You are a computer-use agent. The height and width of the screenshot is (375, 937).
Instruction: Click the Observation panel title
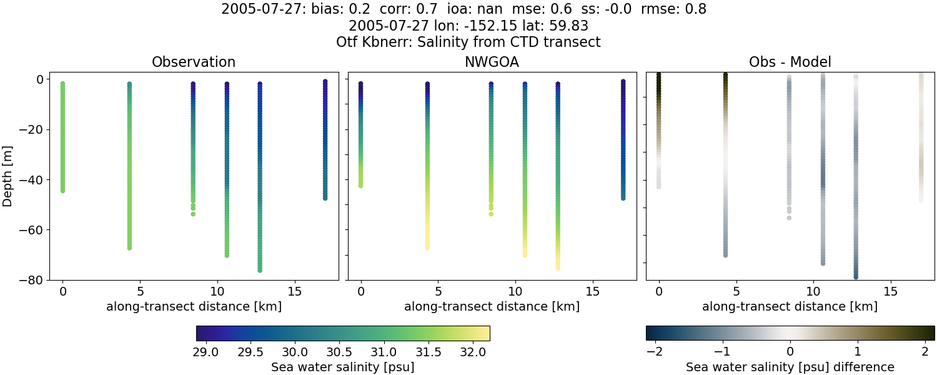click(194, 62)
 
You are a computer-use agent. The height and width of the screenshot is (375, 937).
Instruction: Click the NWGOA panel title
click(492, 62)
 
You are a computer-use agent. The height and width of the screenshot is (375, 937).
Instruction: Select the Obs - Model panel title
click(790, 62)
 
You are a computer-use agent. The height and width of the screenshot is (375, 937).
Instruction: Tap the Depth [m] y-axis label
click(8, 179)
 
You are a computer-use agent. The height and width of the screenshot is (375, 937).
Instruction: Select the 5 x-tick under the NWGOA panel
click(439, 292)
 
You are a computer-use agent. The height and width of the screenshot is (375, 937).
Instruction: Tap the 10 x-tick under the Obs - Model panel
click(813, 292)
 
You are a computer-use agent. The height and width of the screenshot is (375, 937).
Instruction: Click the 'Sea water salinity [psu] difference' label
click(790, 367)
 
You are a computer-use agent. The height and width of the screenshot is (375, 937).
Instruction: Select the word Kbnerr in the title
click(387, 42)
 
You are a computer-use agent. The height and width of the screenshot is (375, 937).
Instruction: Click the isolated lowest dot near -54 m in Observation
click(193, 214)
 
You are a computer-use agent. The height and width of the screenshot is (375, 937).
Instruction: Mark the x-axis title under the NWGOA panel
click(492, 307)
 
